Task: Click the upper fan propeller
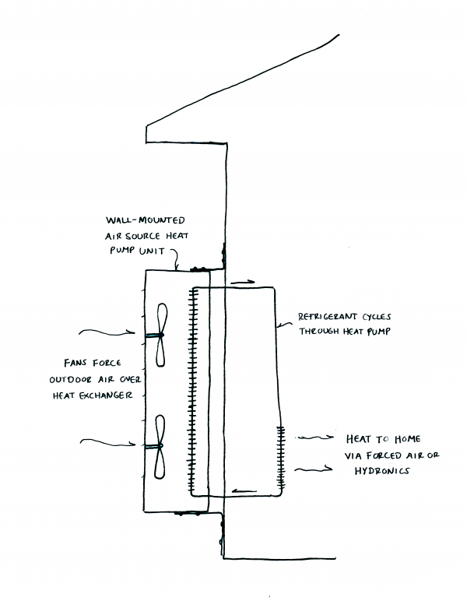pyautogui.click(x=160, y=335)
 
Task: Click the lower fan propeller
pyautogui.click(x=160, y=446)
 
